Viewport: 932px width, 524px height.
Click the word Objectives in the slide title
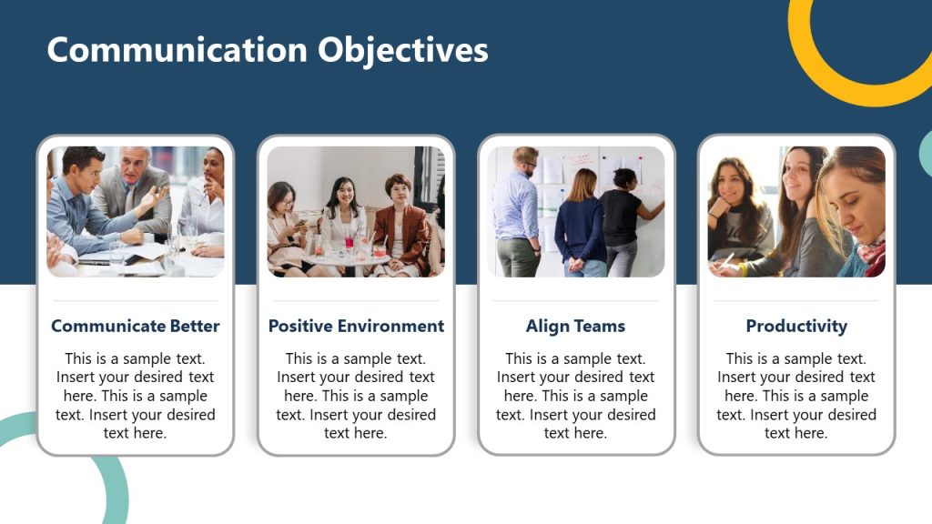[403, 50]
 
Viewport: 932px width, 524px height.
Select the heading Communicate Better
[136, 326]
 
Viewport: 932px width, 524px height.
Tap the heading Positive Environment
[356, 326]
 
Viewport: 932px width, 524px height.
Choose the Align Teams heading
[575, 326]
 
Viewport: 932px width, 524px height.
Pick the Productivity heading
[796, 326]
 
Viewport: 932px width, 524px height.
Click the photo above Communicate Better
[136, 211]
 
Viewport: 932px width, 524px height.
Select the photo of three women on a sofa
[356, 211]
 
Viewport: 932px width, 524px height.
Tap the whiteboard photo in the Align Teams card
[575, 211]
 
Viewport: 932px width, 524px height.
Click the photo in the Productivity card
[796, 211]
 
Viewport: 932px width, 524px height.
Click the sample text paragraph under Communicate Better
[136, 396]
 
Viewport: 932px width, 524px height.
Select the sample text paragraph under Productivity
[796, 396]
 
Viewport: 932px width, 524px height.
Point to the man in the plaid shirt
[517, 209]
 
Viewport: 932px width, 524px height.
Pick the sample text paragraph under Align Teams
[575, 396]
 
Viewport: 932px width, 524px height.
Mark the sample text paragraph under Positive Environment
[356, 396]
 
